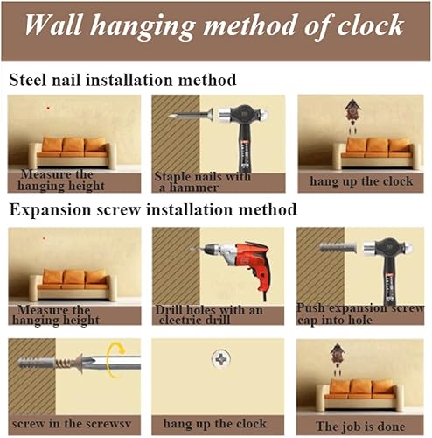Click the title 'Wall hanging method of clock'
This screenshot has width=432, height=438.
coord(216,26)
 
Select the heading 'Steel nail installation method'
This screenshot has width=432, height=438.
coord(122,81)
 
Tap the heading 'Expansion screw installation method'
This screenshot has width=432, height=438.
coord(153,210)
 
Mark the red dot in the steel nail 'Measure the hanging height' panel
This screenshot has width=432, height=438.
coord(48,108)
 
